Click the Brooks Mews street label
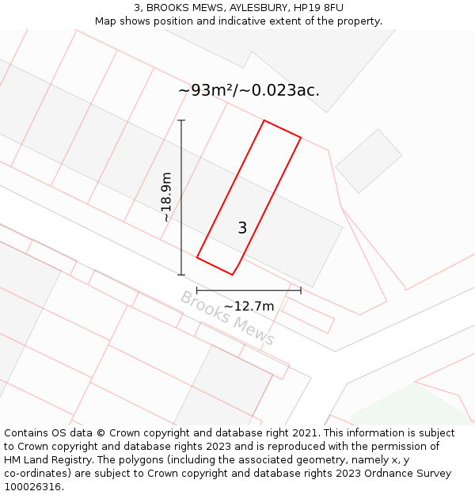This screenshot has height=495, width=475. pos(227,318)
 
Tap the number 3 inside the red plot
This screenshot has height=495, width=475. pos(242,228)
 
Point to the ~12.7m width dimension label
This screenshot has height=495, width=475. pos(249,307)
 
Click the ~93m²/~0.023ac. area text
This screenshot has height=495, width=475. pos(249,90)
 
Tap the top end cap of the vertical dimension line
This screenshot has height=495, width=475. pos(181,120)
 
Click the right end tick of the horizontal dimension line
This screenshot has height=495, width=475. pos(301,291)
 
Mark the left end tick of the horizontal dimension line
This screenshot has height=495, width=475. pos(197,291)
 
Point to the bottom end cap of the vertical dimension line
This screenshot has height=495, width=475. pos(181,275)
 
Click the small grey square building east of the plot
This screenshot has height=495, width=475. pos(368,161)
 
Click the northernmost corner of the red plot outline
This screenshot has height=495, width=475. pos(264,120)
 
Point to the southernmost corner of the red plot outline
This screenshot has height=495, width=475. pos(232,275)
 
